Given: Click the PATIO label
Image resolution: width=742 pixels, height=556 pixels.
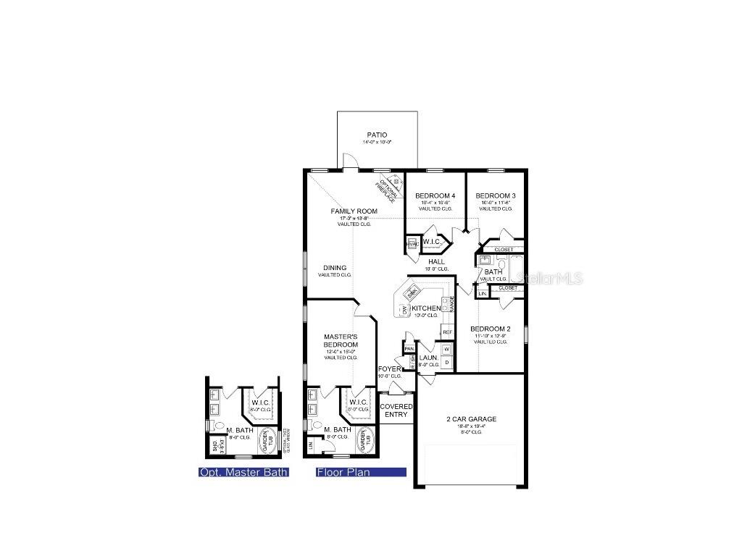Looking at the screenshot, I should tap(377, 135).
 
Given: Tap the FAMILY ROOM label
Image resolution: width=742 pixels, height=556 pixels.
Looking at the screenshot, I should tap(354, 211).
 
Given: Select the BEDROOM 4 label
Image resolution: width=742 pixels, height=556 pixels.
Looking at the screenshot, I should tap(435, 196).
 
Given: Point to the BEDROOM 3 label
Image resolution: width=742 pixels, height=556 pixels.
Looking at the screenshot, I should tap(496, 196).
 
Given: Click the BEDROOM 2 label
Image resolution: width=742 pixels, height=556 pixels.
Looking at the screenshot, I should tap(490, 329).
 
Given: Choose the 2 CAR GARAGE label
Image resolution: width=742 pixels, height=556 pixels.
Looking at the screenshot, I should tap(471, 419).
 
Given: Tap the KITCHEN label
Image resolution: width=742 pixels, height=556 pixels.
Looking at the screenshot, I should tap(426, 308).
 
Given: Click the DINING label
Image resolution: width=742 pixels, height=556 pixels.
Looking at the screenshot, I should tap(335, 268).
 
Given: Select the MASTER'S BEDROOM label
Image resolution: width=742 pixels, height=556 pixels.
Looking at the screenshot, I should tap(341, 340).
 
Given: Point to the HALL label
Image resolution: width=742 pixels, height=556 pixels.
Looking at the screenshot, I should tap(436, 261).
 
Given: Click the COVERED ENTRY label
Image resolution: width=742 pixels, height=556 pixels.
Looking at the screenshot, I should tap(396, 410).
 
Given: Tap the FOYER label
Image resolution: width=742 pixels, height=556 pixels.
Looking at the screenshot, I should tap(389, 369).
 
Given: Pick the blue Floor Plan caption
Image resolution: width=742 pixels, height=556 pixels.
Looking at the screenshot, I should tap(361, 473).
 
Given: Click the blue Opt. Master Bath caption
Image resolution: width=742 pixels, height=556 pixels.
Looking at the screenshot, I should tap(243, 473).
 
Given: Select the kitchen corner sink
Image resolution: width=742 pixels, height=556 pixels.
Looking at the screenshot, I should tap(412, 293).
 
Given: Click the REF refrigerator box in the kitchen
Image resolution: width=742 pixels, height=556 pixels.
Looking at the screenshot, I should tap(447, 332).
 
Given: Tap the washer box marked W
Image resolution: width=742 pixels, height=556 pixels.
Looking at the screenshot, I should tap(446, 349).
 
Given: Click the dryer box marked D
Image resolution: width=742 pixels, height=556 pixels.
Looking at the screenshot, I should tap(446, 362).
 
